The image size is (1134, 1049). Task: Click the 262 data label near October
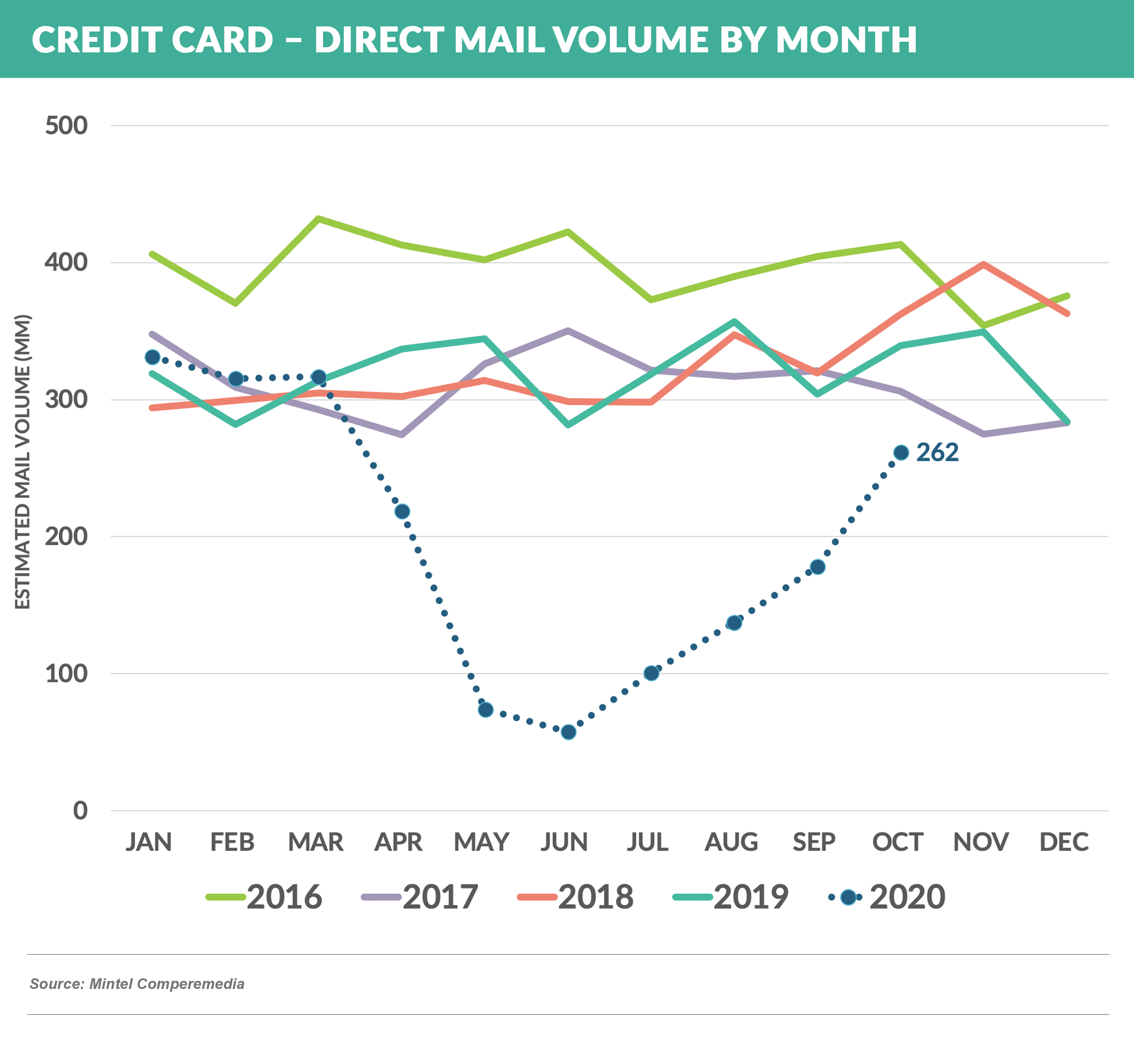click(937, 452)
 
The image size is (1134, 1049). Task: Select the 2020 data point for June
click(568, 732)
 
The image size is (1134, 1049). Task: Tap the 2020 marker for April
click(402, 512)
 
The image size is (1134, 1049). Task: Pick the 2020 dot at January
click(152, 357)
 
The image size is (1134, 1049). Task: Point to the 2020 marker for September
click(817, 566)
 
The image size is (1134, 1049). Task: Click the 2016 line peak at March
click(319, 218)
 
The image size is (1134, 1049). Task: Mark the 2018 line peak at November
click(983, 264)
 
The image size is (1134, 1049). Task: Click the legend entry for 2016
click(264, 897)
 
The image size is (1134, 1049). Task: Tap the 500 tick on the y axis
click(66, 126)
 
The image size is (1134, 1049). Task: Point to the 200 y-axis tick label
click(66, 536)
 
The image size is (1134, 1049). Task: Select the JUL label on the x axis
click(647, 842)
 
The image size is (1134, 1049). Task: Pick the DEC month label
click(1064, 842)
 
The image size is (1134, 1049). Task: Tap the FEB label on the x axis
click(232, 842)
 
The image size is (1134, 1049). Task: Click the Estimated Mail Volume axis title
click(22, 462)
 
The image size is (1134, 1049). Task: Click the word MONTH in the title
click(846, 40)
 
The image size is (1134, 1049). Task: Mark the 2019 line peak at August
click(734, 322)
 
